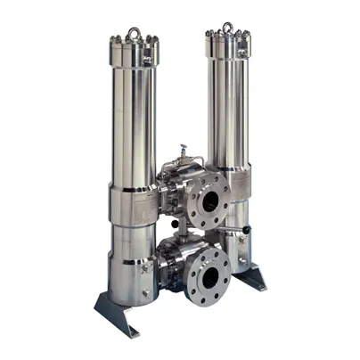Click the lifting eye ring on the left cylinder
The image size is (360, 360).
point(134,34)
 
